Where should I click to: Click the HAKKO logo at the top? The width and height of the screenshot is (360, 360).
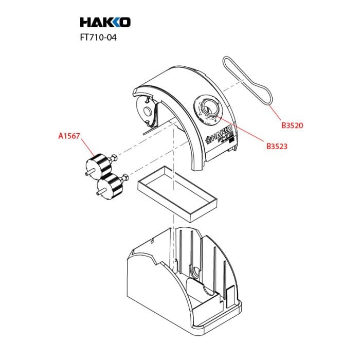point(105,22)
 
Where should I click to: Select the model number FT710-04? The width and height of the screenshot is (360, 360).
point(98,38)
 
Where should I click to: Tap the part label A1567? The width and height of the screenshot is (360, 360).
point(69,136)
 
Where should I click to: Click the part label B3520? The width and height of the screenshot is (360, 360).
point(292,125)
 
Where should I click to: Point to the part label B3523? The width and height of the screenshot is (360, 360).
point(277,146)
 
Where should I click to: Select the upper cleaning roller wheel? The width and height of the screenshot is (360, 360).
point(99,166)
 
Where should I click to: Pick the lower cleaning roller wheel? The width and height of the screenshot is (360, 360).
point(110,186)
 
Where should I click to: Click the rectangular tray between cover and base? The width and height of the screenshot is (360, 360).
point(177,194)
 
